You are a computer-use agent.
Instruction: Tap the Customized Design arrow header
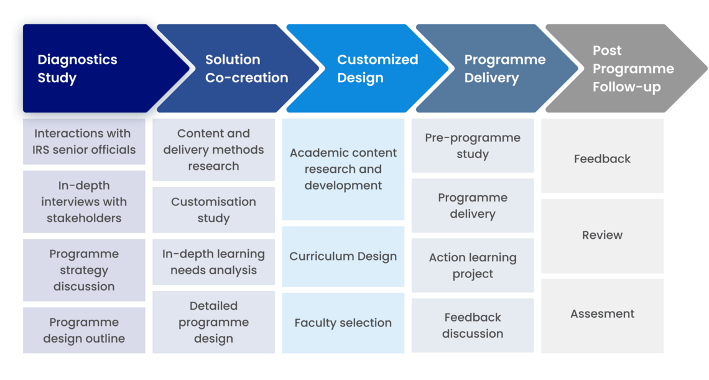tap(367, 68)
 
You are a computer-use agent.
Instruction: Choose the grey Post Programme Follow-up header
tap(626, 68)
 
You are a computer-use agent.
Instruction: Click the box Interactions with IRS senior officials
tap(84, 142)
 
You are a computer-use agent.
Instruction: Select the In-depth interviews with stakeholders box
tap(84, 202)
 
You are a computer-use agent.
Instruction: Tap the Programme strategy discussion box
tap(84, 270)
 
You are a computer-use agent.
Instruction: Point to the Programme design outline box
tap(84, 330)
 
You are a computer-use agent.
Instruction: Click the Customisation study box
tap(213, 210)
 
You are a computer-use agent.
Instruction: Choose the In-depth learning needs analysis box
tap(213, 262)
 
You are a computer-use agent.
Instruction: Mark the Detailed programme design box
tap(213, 322)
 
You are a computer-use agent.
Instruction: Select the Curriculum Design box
tap(343, 256)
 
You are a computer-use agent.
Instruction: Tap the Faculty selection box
tap(343, 323)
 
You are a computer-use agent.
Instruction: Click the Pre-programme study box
tap(473, 146)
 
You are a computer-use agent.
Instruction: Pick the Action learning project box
tap(473, 266)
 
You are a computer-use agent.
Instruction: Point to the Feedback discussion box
tap(473, 326)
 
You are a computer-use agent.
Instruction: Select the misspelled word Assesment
tap(602, 313)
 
